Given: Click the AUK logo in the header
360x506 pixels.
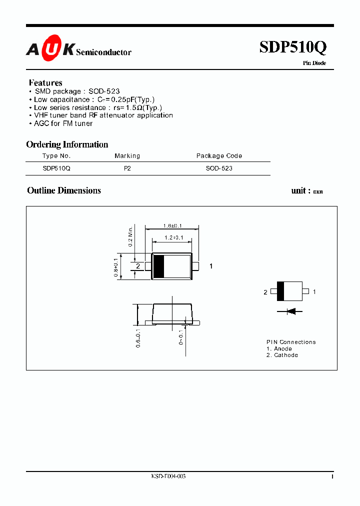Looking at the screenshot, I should pyautogui.click(x=50, y=49).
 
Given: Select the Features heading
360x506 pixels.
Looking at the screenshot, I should pyautogui.click(x=45, y=83).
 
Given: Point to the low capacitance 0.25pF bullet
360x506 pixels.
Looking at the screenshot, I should pyautogui.click(x=94, y=99).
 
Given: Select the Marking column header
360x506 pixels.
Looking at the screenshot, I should pyautogui.click(x=127, y=156).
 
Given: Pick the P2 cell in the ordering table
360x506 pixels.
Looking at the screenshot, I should pyautogui.click(x=127, y=169).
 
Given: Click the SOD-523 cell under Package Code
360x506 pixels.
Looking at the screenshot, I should pyautogui.click(x=219, y=169).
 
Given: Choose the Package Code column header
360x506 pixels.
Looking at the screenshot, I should pyautogui.click(x=219, y=156).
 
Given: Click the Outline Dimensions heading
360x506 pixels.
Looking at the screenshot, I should pyautogui.click(x=64, y=190).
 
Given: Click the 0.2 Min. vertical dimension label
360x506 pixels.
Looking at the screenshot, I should pyautogui.click(x=130, y=236).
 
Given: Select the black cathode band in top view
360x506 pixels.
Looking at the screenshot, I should pyautogui.click(x=158, y=266).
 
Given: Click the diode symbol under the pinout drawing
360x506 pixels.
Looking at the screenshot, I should pyautogui.click(x=291, y=311).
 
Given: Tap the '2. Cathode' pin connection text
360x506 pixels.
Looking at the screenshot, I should pyautogui.click(x=282, y=355).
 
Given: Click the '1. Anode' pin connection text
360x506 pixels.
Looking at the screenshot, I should pyautogui.click(x=279, y=348).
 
